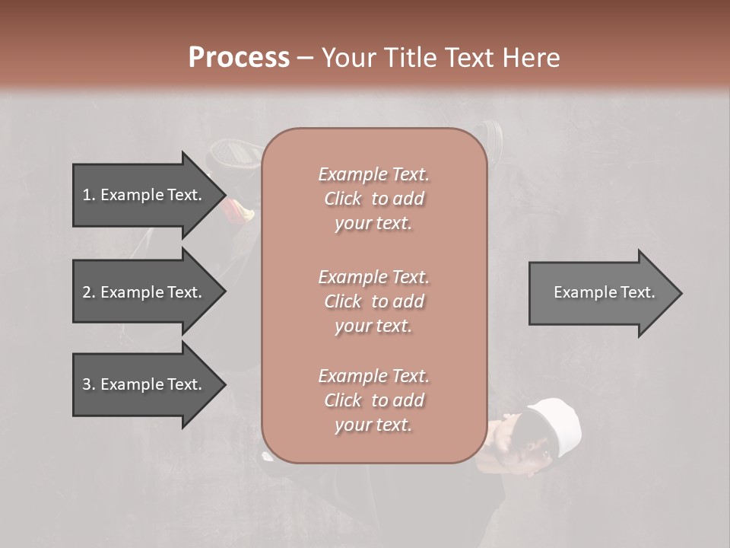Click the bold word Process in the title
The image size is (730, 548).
tap(239, 57)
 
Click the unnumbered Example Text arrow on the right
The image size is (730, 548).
tap(601, 292)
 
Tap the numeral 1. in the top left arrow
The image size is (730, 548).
tap(89, 195)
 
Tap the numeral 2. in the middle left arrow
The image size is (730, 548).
tap(89, 292)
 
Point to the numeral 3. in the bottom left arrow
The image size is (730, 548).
tap(89, 384)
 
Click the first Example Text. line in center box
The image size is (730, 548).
tap(373, 174)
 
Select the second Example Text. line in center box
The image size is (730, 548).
tap(373, 276)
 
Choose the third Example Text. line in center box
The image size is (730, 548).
tap(373, 376)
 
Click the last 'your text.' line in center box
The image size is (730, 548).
tap(373, 425)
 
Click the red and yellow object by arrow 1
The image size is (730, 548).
tap(238, 209)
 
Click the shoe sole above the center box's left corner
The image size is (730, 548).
tap(232, 152)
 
